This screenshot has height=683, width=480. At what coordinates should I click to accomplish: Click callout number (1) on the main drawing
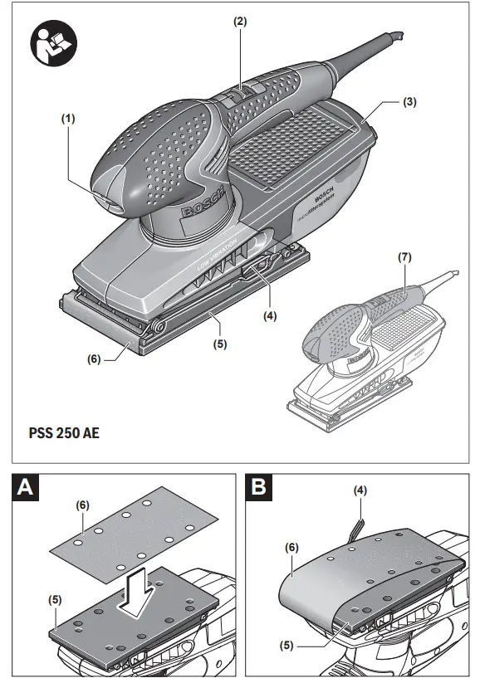tap(68, 119)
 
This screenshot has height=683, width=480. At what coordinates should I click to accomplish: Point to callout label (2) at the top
tap(239, 22)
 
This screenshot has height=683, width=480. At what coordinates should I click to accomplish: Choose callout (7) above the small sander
tap(404, 257)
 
